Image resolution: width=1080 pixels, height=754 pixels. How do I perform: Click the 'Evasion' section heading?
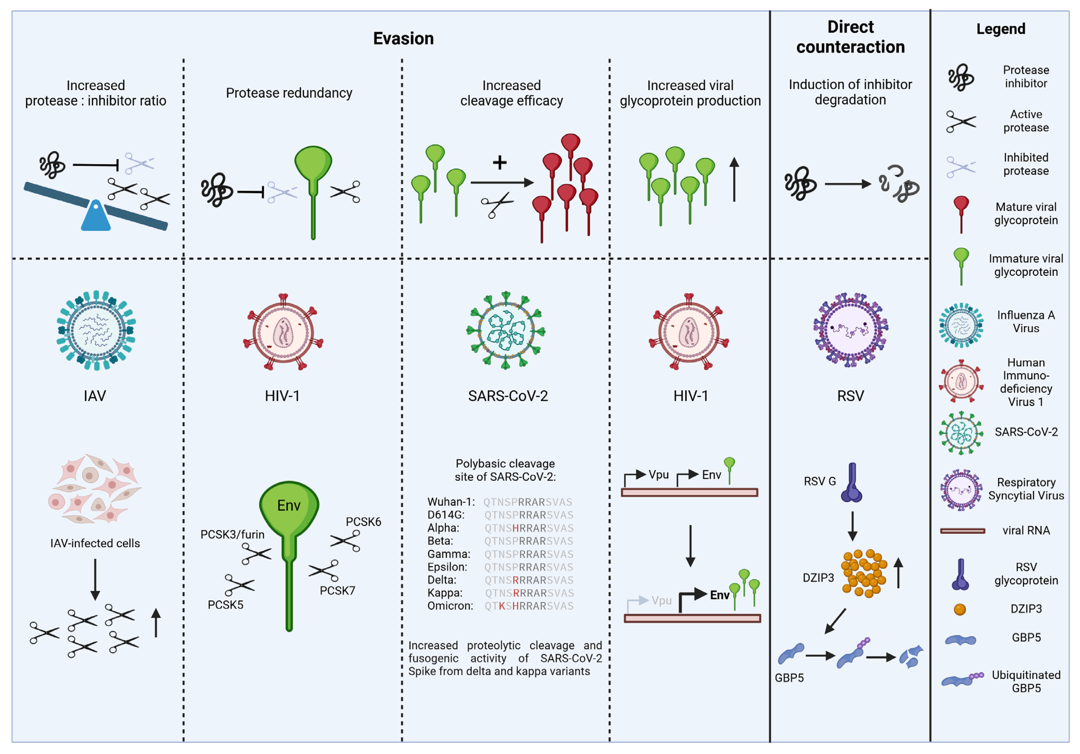pos(403,38)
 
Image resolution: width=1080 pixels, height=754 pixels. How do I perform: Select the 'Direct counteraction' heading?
pos(850,37)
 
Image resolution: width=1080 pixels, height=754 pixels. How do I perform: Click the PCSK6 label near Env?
pos(363,522)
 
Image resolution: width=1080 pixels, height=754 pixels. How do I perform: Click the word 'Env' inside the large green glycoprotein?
pos(288,506)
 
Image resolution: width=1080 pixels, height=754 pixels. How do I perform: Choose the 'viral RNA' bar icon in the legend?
pos(962,531)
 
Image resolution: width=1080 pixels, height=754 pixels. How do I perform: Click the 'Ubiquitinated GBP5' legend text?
pos(1026,681)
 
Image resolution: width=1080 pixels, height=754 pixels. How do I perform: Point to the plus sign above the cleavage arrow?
pos(500,162)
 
